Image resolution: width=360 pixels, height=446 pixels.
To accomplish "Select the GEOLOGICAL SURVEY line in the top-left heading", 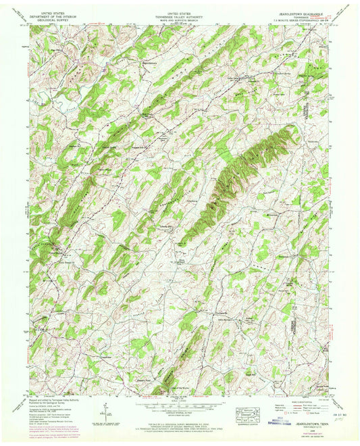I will tap(53, 20).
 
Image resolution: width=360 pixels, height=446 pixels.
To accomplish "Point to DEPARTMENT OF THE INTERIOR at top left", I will tap(53, 16).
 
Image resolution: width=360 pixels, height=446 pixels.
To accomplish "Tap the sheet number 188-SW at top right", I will tap(328, 20).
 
